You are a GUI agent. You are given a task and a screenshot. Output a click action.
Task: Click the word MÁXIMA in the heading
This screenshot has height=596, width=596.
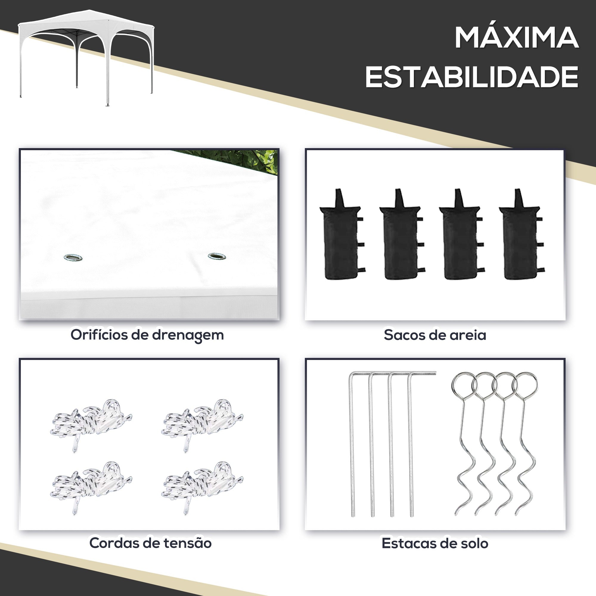pyautogui.click(x=516, y=38)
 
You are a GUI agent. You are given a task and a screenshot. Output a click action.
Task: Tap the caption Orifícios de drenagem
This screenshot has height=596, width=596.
pyautogui.click(x=147, y=335)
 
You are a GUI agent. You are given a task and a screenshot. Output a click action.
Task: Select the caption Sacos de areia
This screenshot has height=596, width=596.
pyautogui.click(x=435, y=335)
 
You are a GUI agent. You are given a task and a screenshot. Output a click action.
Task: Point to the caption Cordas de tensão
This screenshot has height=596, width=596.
pyautogui.click(x=150, y=543)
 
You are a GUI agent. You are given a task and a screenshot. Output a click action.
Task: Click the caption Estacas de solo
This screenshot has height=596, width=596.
pyautogui.click(x=435, y=543)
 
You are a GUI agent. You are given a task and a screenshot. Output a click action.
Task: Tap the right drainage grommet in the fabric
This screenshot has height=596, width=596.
pyautogui.click(x=217, y=256)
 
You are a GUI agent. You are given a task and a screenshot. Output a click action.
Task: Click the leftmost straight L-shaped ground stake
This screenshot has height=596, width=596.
pyautogui.click(x=352, y=447)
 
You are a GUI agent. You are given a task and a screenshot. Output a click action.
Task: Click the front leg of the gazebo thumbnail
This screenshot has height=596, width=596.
pyautogui.click(x=107, y=77)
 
